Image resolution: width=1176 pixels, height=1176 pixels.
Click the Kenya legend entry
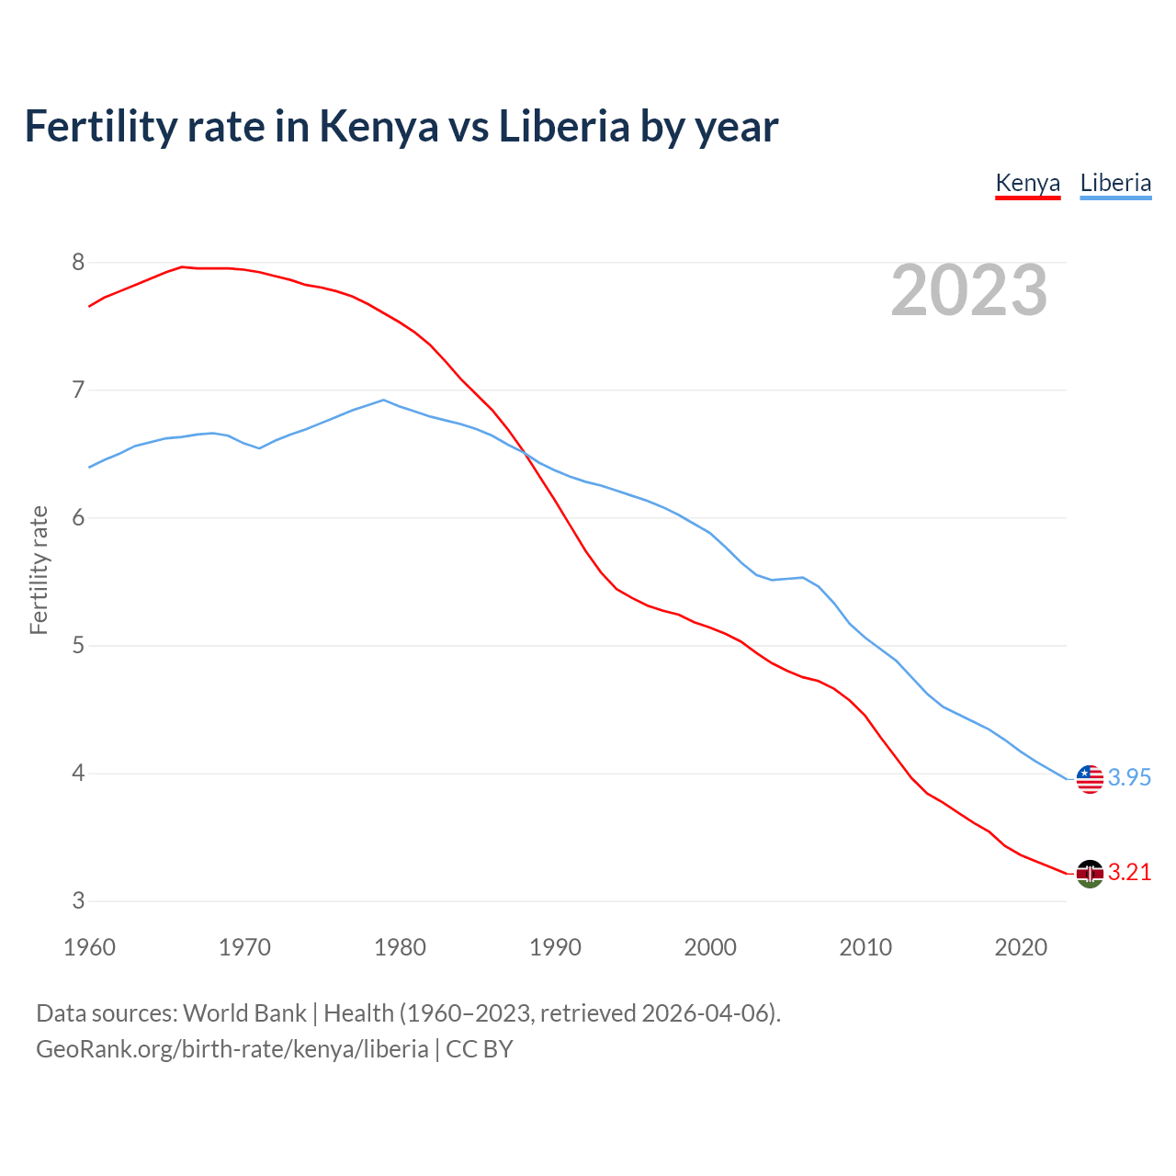[x=1028, y=183]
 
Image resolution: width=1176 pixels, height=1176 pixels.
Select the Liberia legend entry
[x=1115, y=183]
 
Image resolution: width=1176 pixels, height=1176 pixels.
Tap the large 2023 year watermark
[x=969, y=290]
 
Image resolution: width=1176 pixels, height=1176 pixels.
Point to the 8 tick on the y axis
[x=78, y=263]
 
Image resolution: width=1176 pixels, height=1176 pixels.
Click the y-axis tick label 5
[x=78, y=646]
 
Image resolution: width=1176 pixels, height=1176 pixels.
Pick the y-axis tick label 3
[x=78, y=901]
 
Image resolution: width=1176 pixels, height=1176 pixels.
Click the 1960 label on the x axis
[x=89, y=947]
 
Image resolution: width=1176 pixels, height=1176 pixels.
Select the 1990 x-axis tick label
[x=555, y=947]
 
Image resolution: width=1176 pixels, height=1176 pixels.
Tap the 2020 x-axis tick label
[x=1021, y=947]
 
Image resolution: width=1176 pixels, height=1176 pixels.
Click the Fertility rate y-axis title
[x=39, y=570]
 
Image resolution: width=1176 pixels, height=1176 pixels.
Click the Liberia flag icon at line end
[x=1090, y=779]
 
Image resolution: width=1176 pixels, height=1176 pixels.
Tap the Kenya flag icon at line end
[x=1090, y=874]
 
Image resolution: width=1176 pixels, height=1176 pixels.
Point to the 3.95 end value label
[x=1129, y=778]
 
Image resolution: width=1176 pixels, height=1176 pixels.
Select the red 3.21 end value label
[x=1129, y=873]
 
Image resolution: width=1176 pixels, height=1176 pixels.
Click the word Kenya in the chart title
[x=379, y=127]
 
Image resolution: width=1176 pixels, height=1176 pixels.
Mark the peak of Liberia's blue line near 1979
[x=384, y=400]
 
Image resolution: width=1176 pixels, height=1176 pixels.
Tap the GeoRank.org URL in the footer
[x=232, y=1049]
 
